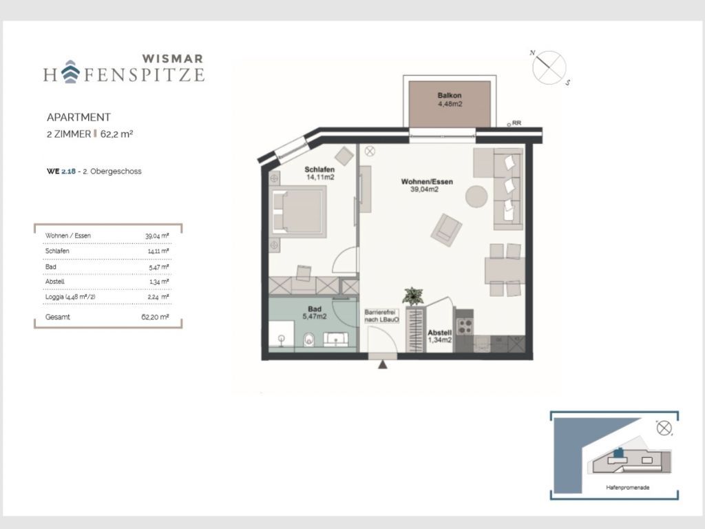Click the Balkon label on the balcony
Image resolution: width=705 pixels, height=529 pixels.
tap(450, 95)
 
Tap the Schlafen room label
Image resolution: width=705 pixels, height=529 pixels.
tap(319, 169)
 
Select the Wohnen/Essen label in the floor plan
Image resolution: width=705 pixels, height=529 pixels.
tap(427, 182)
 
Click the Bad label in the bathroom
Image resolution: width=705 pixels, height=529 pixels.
tap(315, 309)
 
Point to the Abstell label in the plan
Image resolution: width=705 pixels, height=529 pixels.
tap(439, 333)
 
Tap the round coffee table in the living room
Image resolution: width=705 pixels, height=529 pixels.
tap(476, 196)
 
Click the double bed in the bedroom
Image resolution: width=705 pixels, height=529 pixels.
tap(298, 211)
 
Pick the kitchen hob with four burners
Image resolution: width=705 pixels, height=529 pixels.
tap(465, 326)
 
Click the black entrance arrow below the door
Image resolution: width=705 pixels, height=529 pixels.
tap(383, 365)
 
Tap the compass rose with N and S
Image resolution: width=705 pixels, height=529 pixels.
tap(549, 68)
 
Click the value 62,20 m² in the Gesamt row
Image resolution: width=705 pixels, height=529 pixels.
tap(155, 317)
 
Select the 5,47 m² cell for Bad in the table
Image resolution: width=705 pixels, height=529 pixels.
tap(159, 267)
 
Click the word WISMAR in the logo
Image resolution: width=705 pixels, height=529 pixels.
tap(173, 59)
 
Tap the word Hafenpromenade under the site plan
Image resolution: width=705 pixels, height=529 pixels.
tap(628, 488)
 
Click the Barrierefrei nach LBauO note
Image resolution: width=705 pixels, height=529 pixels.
tap(381, 315)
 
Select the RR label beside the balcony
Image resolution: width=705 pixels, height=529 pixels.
tap(516, 123)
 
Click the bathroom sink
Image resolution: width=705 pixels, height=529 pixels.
tap(335, 339)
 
